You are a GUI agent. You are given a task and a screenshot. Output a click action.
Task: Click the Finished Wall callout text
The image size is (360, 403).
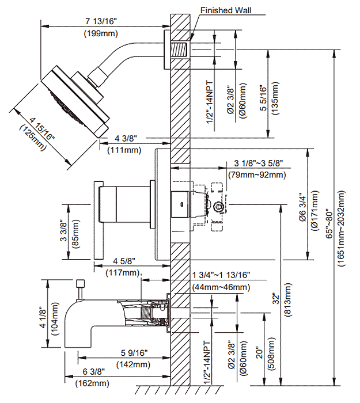pos(226,10)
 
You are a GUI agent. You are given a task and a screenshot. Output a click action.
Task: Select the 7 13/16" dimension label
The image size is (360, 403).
pos(101,21)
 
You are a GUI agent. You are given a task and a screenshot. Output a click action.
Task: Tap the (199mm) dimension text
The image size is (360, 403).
pos(101,33)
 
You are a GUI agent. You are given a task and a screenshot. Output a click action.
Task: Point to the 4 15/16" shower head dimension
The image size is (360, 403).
pos(42,128)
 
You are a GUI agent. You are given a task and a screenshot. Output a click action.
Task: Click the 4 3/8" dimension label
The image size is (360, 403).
pos(126,138)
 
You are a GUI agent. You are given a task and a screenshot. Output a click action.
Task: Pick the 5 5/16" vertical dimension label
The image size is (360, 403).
pos(264,98)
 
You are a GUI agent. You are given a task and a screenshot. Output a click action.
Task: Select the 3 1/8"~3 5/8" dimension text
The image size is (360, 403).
pos(259,163)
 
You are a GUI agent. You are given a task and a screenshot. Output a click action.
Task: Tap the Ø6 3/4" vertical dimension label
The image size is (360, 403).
pos(302,208)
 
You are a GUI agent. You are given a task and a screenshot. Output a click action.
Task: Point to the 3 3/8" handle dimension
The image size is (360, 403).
pos(63,230)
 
